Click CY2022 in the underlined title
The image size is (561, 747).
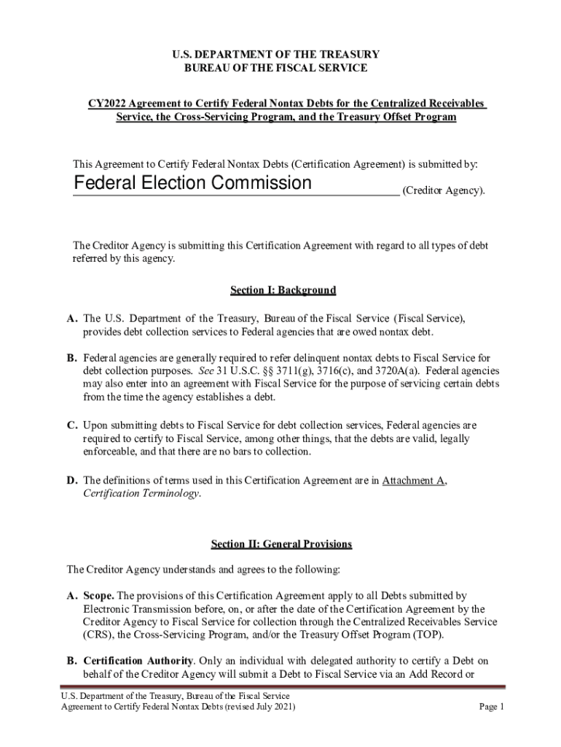coord(106,104)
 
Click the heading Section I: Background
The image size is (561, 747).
coord(283,290)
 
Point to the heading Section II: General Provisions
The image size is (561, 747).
coord(282,544)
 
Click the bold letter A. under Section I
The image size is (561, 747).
coord(72,319)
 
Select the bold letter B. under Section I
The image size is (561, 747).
coord(72,358)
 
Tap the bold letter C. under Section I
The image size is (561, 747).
coord(72,425)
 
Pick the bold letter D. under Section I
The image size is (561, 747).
coord(72,480)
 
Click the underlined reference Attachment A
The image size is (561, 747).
coord(414,480)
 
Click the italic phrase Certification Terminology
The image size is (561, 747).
coord(141,493)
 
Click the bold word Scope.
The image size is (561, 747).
coord(99,595)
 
